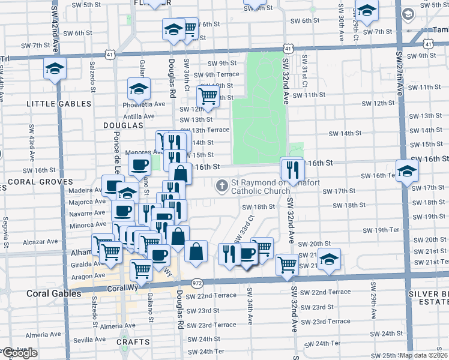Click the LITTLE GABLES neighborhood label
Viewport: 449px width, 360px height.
click(x=59, y=104)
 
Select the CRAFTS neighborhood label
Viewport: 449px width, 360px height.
click(x=133, y=341)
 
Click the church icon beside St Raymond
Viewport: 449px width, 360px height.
click(x=222, y=185)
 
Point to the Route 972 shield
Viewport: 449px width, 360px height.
click(x=197, y=283)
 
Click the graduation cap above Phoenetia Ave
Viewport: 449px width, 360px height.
click(x=139, y=89)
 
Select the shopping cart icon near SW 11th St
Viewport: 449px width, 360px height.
click(x=208, y=96)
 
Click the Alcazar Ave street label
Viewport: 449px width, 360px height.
click(x=40, y=241)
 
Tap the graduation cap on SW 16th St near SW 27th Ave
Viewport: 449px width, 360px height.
click(x=407, y=171)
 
